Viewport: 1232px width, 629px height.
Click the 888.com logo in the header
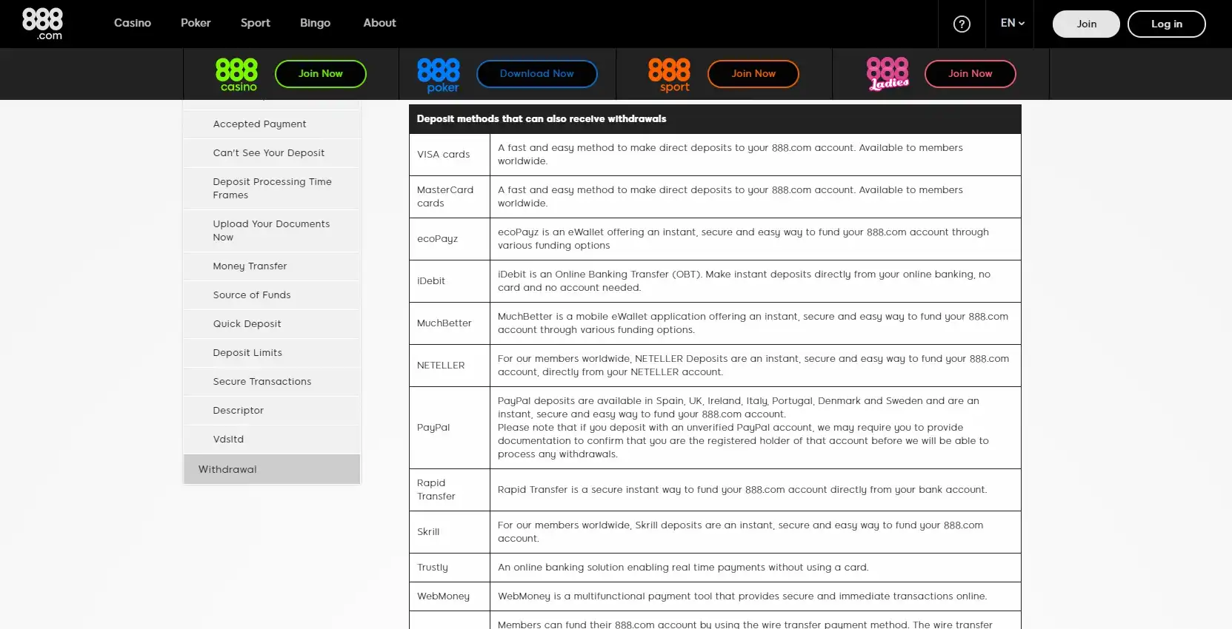tap(42, 24)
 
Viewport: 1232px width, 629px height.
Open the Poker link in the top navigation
tap(196, 23)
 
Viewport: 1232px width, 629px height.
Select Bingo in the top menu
tap(315, 23)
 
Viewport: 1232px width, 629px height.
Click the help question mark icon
tap(962, 24)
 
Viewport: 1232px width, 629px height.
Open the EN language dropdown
tap(1012, 23)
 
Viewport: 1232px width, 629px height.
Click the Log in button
tap(1166, 24)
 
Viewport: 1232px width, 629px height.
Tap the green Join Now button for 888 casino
tap(320, 74)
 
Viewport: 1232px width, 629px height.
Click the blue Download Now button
tap(536, 74)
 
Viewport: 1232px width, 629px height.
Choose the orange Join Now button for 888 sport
tap(753, 74)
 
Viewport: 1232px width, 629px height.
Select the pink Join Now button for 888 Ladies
tap(970, 74)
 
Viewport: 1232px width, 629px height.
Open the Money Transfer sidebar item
tap(250, 266)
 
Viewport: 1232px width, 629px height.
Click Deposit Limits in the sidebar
tap(247, 353)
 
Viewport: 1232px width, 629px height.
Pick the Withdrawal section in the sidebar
tap(227, 470)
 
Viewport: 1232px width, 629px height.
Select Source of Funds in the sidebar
tap(252, 295)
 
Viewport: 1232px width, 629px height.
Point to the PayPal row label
tap(433, 428)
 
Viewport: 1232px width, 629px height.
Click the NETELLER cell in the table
tap(441, 366)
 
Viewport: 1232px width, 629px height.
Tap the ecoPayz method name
tap(437, 239)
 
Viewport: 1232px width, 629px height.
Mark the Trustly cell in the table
tap(433, 568)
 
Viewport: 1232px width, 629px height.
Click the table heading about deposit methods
tap(542, 119)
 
